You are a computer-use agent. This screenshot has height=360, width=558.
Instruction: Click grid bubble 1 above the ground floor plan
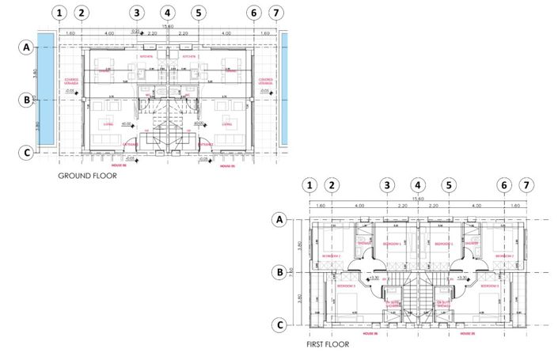58,13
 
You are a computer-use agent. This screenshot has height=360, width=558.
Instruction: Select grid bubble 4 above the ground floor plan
167,13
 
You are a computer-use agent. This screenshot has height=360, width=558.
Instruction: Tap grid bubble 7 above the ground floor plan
275,13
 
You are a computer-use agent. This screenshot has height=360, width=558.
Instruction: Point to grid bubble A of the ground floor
27,47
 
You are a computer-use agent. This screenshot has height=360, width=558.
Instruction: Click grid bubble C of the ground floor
27,153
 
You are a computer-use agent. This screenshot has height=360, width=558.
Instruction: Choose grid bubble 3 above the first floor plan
386,185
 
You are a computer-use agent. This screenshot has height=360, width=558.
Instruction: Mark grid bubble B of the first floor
278,272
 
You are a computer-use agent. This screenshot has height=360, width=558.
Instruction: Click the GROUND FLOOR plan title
87,176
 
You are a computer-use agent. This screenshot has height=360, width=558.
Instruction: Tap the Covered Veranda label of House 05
266,81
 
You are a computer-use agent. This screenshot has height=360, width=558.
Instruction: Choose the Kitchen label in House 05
189,57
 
